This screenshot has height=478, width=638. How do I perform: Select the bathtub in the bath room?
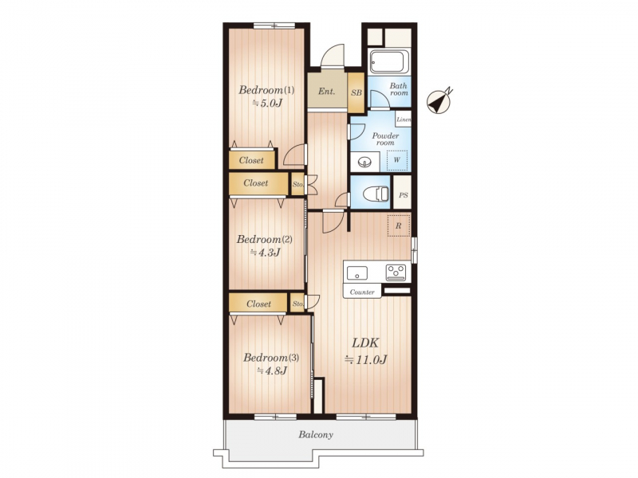point(389,61)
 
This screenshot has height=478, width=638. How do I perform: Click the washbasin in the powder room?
point(364,163)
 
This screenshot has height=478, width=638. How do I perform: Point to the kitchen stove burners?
point(396,272)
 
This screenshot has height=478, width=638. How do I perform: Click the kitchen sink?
point(356,273)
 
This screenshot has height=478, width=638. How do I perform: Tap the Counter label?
point(362,292)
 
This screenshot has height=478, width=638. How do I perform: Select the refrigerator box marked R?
point(398,225)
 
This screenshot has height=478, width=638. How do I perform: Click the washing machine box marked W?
point(396,160)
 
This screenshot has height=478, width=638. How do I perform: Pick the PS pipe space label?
point(404,195)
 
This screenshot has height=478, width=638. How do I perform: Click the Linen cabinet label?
point(404,119)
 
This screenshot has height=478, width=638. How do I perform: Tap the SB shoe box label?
point(356,92)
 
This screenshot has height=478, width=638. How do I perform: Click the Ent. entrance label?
point(326,92)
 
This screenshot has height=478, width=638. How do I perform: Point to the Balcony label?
point(316,434)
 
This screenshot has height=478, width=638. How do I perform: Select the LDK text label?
point(365,343)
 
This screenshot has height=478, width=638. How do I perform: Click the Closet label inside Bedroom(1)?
point(251,160)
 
